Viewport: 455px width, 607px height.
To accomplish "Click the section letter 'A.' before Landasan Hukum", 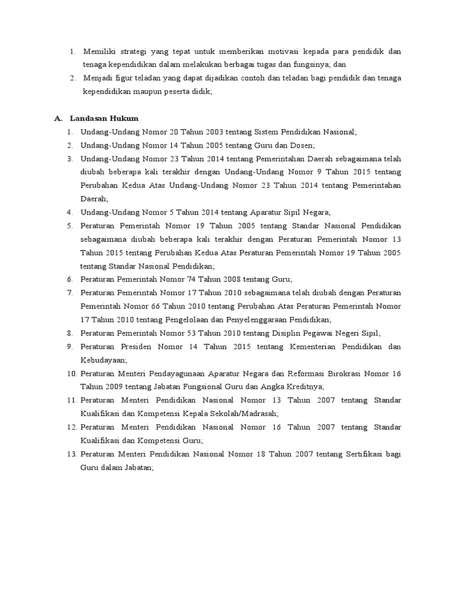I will (58, 119).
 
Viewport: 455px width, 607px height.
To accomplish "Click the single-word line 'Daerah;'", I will (94, 199).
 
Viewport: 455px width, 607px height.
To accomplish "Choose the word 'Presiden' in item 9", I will (135, 346).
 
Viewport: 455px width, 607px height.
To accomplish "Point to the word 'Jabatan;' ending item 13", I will (137, 467).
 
